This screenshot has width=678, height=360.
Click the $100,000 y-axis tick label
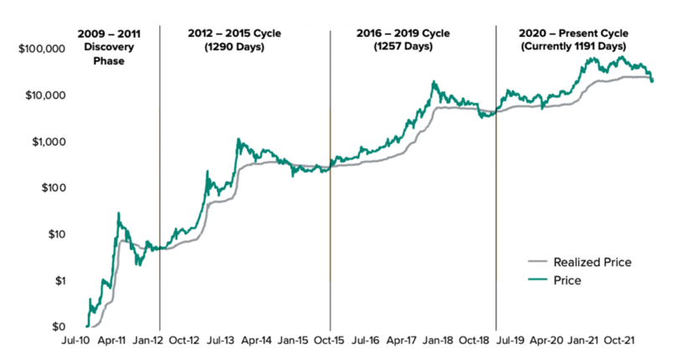[x=40, y=49]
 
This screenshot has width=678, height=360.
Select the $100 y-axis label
[x=50, y=188]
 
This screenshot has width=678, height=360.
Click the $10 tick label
[x=54, y=234]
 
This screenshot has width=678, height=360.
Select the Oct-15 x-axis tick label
[x=331, y=342]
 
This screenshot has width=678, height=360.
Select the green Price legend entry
[x=568, y=281]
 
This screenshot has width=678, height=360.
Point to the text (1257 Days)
[x=403, y=47]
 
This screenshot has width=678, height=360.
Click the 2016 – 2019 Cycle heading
[x=403, y=33]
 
